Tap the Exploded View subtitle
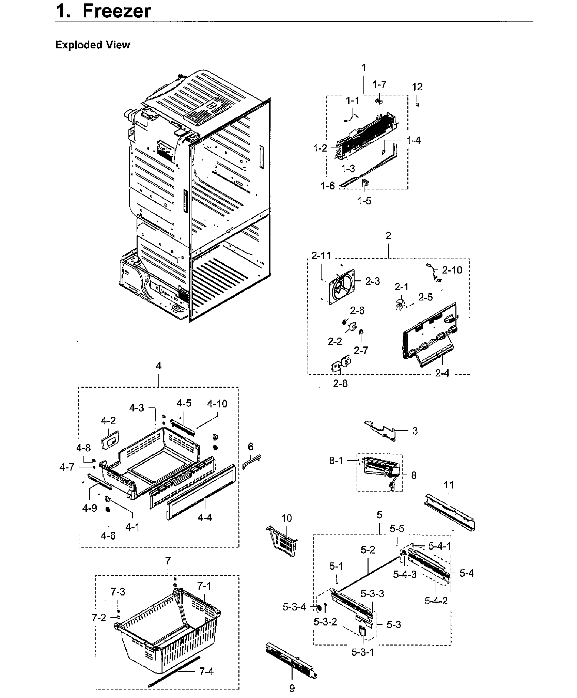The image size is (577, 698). click(92, 45)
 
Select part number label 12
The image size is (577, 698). click(417, 87)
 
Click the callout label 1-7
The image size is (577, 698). click(379, 84)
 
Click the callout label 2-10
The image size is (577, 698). click(452, 270)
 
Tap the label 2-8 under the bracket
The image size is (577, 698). click(340, 384)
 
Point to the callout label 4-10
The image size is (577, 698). click(217, 404)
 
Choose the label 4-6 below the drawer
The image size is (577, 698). click(108, 536)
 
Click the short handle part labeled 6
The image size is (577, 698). click(252, 461)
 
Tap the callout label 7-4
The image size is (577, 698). click(206, 672)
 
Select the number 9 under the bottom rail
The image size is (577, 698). click(292, 688)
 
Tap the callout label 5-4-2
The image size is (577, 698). click(436, 601)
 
